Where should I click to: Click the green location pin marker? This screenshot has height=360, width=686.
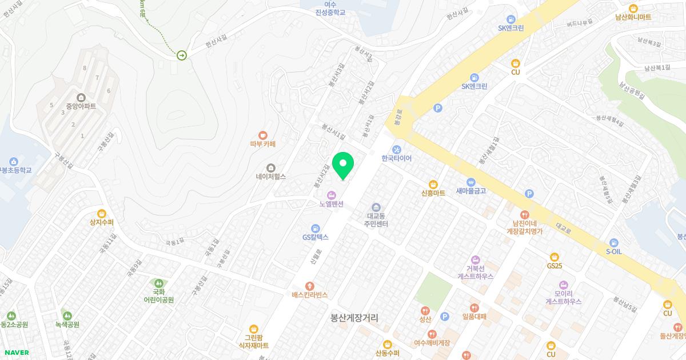pos(342,165)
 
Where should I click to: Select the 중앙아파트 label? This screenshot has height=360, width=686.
pos(81,106)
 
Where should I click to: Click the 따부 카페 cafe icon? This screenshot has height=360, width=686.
pos(263,134)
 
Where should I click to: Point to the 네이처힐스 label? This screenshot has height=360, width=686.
pos(270,177)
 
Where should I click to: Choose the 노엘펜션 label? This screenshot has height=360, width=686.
pos(331,204)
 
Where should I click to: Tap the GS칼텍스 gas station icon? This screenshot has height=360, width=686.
pos(315,228)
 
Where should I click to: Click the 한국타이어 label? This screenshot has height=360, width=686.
pos(396,158)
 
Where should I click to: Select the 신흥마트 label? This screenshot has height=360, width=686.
pos(433,193)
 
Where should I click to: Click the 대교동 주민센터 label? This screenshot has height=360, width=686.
pos(377,221)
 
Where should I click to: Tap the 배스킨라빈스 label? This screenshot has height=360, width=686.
pos(309,295)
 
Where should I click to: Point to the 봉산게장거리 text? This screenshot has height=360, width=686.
pos(354,318)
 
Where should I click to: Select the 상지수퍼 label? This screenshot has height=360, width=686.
pos(102,222)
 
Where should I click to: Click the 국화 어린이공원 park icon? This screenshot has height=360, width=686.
pos(158,283)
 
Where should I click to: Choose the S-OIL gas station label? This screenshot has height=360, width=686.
pos(613,251)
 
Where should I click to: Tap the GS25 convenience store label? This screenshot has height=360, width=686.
pos(554,265)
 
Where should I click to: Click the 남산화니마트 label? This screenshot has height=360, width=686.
pos(633,17)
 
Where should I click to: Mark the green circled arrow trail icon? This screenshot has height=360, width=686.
pos(182,55)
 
